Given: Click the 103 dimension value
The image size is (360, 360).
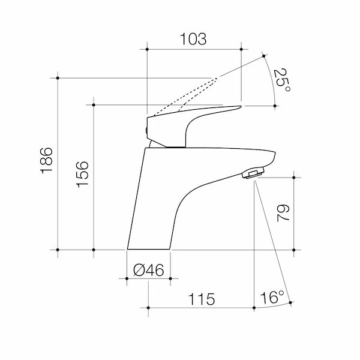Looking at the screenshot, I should [x=193, y=39].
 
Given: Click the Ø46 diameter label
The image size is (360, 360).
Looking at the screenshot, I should [x=149, y=271].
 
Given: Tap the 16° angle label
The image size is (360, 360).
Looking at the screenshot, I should [x=271, y=298].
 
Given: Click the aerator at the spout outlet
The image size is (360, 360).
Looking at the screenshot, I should [x=251, y=175].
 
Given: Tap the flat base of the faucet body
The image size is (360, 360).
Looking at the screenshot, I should [x=149, y=247].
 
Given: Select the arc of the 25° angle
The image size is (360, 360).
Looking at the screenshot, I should [x=273, y=78].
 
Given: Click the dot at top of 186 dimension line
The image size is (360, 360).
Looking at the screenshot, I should [x=58, y=78].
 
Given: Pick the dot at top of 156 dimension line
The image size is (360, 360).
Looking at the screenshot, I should [x=94, y=105].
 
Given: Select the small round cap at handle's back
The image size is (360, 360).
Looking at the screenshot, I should [x=147, y=127].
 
